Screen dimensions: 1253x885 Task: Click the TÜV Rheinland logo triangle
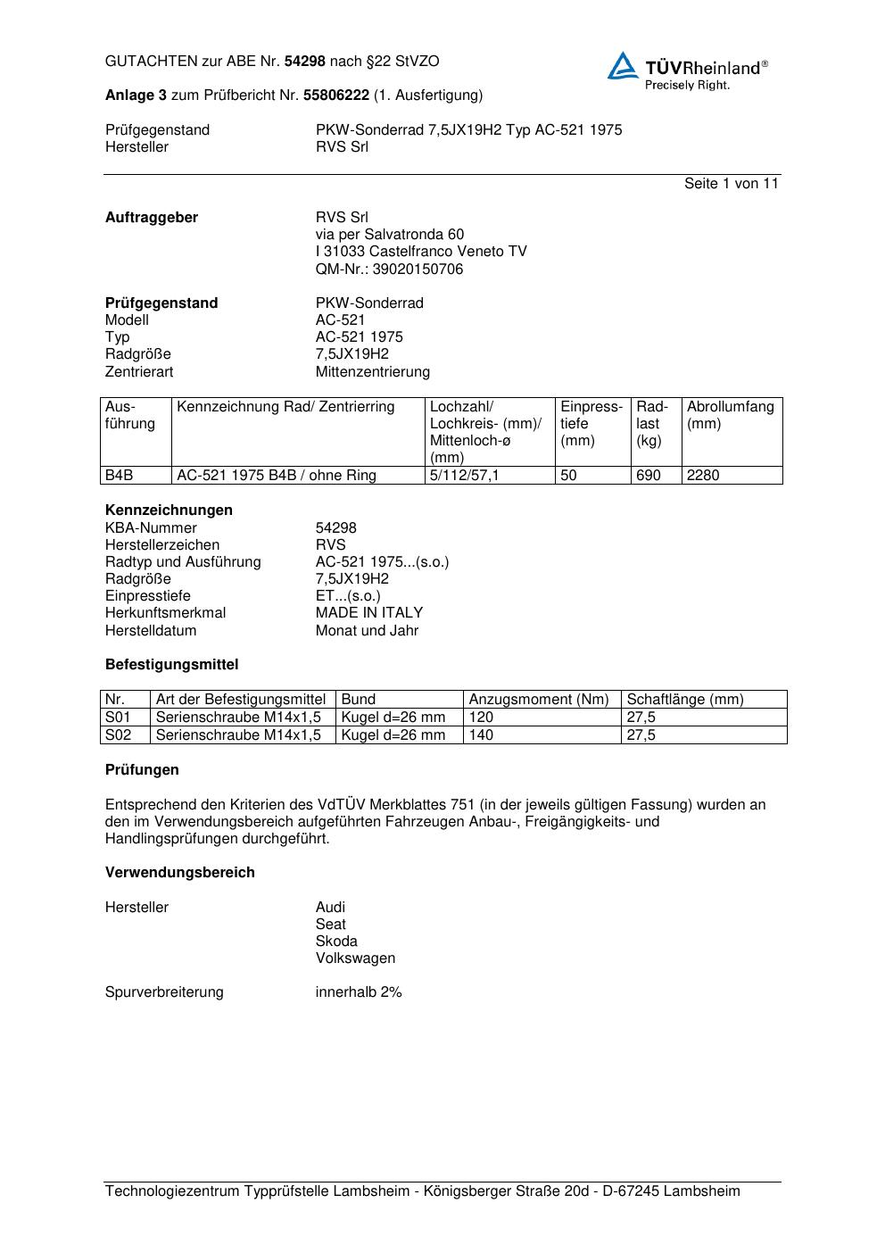point(623,66)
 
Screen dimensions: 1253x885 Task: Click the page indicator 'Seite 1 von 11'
point(731,184)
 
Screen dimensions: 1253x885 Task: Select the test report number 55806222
point(336,95)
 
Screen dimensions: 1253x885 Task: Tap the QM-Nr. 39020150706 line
point(389,270)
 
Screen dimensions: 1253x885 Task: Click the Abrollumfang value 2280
point(703,476)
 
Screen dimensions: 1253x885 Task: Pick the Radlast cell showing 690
point(649,476)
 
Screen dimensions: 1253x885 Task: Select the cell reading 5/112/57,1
point(465,476)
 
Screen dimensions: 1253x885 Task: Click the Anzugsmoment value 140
point(481,735)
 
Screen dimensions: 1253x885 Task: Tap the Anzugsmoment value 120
point(481,718)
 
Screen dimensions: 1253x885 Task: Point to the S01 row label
point(118,718)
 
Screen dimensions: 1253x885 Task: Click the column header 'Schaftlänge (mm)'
point(684,700)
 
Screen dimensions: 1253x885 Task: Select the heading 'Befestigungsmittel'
point(171,665)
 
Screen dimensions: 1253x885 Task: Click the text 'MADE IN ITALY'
point(369,613)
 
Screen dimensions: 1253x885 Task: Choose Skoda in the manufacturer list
point(336,942)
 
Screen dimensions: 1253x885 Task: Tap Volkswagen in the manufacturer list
point(355,958)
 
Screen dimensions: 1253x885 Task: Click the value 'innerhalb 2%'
point(359,992)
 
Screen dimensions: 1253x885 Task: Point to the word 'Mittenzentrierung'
point(372,372)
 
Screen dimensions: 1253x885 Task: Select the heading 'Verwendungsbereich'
point(180,873)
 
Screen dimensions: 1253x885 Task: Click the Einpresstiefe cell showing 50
point(568,476)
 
